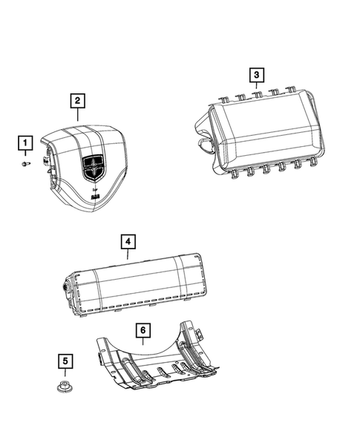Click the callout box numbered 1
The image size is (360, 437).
click(x=26, y=142)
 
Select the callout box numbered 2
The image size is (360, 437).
click(x=76, y=99)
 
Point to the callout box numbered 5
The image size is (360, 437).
click(x=65, y=361)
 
